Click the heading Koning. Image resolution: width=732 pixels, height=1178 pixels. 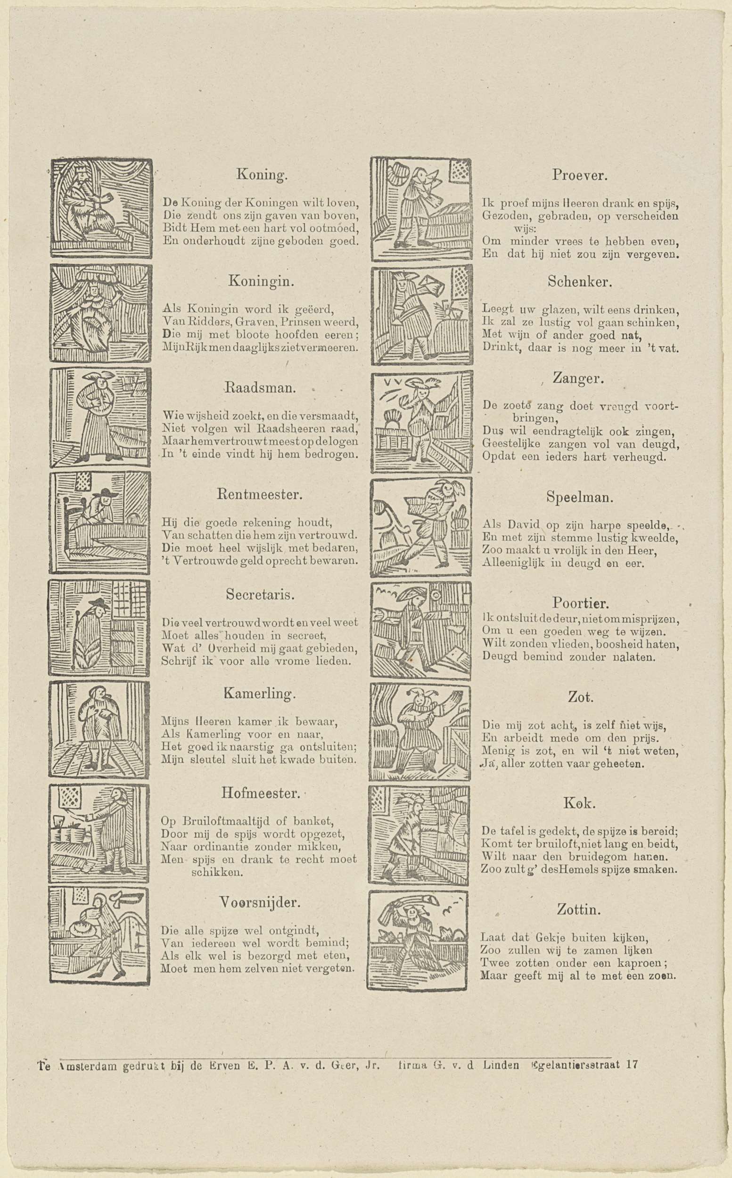pyautogui.click(x=262, y=175)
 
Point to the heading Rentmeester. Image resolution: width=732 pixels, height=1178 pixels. pyautogui.click(x=261, y=495)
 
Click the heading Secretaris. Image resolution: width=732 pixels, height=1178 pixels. pyautogui.click(x=261, y=594)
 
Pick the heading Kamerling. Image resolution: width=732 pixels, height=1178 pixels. pyautogui.click(x=259, y=694)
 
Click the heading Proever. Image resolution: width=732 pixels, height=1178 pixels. pyautogui.click(x=579, y=175)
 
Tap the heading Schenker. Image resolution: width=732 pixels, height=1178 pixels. pyautogui.click(x=580, y=282)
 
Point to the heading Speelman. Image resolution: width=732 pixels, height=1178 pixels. pyautogui.click(x=580, y=497)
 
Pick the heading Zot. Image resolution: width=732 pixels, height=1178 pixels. pyautogui.click(x=580, y=697)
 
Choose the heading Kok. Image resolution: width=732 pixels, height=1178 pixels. pyautogui.click(x=579, y=804)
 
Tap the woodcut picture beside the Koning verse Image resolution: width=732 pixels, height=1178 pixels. pyautogui.click(x=101, y=207)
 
